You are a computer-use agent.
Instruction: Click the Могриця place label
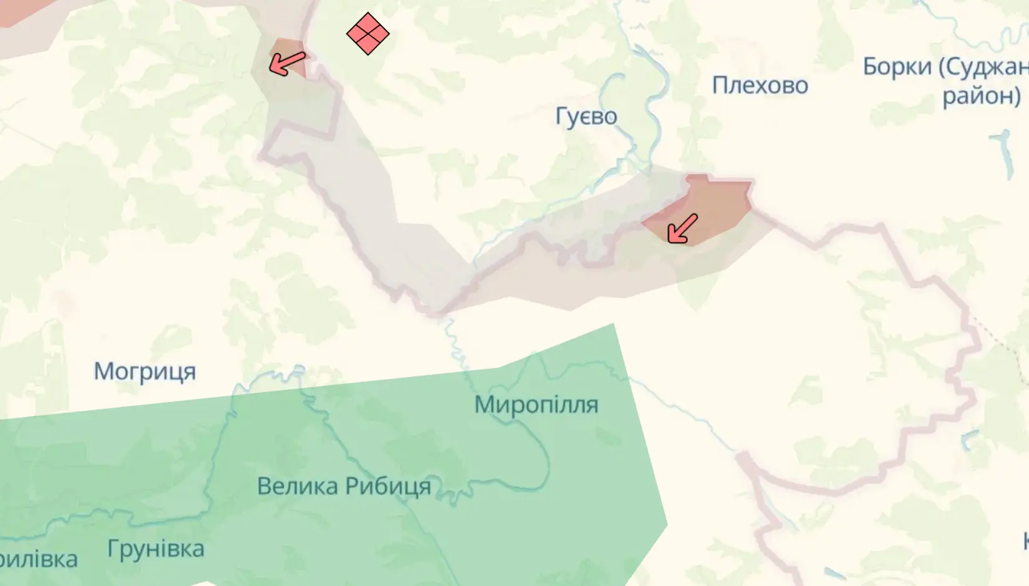coord(145,371)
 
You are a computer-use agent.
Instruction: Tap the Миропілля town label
coord(536,404)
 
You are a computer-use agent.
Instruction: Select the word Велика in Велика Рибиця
coord(297,486)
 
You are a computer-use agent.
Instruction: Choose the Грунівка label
coord(155,549)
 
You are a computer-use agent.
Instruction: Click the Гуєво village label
coord(586,116)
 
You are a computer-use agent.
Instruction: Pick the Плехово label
coord(760,85)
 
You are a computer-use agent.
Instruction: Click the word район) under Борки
coord(982,95)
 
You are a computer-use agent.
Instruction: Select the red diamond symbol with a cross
coord(368,34)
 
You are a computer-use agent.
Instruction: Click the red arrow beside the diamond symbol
coord(287,63)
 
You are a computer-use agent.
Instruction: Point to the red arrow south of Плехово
coord(682,228)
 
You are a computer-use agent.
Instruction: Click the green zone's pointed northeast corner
coord(614,325)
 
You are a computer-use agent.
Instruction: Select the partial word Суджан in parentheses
coord(991,66)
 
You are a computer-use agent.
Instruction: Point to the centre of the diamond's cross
coord(368,34)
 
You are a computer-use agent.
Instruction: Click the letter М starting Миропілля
coord(484,404)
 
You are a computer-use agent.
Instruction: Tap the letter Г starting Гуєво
coord(561,116)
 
